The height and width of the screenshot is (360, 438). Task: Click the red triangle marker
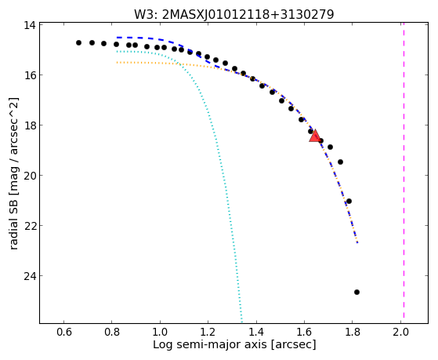pos(315,136)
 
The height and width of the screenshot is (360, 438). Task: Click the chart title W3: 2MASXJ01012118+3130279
pos(233,14)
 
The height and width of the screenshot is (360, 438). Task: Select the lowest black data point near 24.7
pos(357,293)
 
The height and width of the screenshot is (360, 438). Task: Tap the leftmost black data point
pos(79,43)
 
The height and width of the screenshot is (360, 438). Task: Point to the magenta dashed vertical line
pos(404,170)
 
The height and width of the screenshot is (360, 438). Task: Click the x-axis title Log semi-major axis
pos(209,344)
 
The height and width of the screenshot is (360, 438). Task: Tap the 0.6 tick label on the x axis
pos(64,332)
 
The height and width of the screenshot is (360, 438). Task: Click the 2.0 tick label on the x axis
pos(400,332)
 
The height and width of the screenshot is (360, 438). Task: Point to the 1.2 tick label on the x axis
pos(208,332)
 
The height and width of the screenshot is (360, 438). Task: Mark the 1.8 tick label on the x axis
pos(353,332)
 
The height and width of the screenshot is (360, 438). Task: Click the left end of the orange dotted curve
pos(118,63)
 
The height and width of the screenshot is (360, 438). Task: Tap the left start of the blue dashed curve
pos(118,37)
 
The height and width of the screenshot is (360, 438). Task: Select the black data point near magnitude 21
pos(349,201)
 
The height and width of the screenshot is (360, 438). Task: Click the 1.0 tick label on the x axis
pos(160,332)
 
